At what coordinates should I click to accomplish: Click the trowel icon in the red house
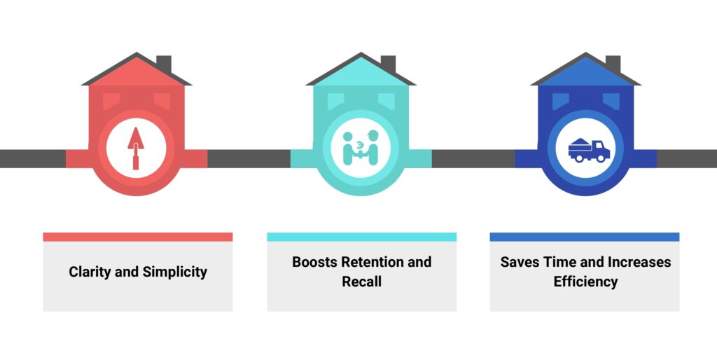coord(136,148)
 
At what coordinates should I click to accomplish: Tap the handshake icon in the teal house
coord(361,148)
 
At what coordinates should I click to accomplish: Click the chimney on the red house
coord(164,64)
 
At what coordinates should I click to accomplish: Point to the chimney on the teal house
coord(388,64)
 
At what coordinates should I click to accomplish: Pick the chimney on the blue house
coord(613,64)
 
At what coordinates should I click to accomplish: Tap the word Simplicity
coord(174,272)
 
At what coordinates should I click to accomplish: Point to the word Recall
coord(362,282)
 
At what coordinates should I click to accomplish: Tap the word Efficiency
coord(586,282)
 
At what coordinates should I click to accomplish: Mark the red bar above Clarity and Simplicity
coord(138,237)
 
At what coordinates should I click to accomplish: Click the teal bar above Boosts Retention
coord(362,237)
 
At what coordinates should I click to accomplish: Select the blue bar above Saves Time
coord(585,237)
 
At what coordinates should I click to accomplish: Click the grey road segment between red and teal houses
coord(249,158)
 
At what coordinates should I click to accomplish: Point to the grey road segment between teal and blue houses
coord(473,158)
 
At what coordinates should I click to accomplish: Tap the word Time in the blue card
coord(560,262)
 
